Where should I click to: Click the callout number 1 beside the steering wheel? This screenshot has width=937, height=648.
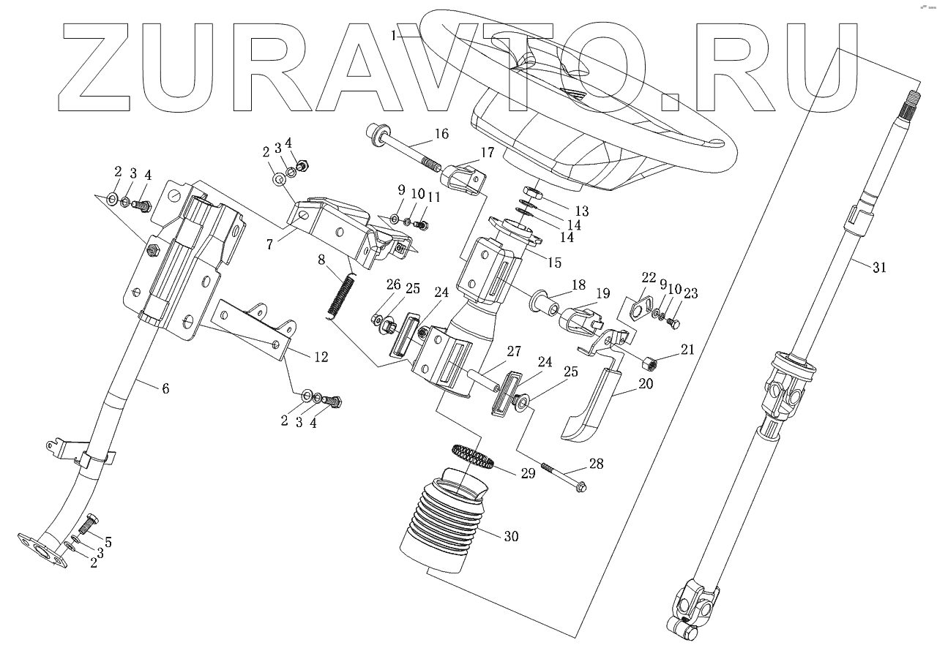(395, 34)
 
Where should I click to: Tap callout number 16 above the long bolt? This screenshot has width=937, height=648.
(441, 134)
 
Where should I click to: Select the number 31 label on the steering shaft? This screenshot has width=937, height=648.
(878, 268)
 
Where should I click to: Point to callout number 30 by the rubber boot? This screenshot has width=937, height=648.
(510, 536)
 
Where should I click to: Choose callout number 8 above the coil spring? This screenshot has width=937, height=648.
(321, 259)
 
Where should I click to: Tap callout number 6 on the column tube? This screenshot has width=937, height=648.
(165, 388)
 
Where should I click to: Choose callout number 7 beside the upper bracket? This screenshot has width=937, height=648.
(270, 244)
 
